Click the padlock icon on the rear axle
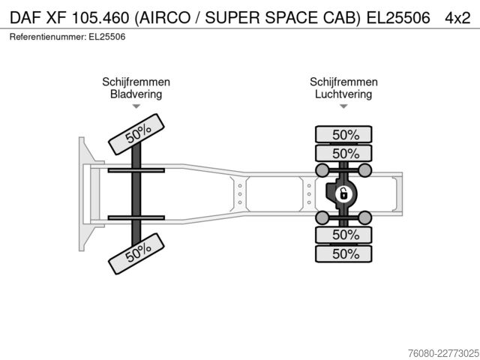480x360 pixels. click(343, 194)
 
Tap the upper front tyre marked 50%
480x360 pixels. click(136, 134)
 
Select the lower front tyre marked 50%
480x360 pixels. click(136, 253)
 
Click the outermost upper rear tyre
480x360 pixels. click(343, 134)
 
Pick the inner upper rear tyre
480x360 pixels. click(343, 153)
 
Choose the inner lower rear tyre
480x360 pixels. click(343, 235)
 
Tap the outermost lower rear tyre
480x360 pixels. click(343, 253)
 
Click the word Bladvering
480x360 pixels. click(136, 94)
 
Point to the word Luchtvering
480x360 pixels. click(343, 94)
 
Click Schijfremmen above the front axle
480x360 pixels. click(136, 82)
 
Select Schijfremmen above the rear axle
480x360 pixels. click(343, 82)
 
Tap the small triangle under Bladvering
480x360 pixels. click(136, 106)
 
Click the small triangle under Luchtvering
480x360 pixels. click(343, 106)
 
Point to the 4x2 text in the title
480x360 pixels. click(457, 18)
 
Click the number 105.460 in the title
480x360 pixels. click(100, 18)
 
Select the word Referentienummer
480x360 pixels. click(48, 37)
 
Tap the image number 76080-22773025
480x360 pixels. click(443, 353)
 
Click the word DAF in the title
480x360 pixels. click(25, 18)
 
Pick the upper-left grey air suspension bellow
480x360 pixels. click(322, 170)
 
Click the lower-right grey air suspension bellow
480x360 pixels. click(365, 217)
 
